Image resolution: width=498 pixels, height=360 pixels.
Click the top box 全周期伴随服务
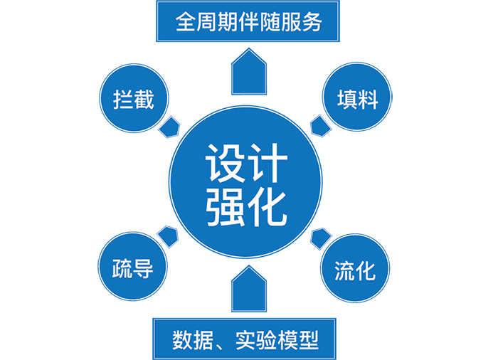[248, 22]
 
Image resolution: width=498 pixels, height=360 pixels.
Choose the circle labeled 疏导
[133, 268]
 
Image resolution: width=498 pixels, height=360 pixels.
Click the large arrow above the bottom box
[249, 287]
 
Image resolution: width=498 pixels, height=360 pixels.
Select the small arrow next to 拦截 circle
[171, 127]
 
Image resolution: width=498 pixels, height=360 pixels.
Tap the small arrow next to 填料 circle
[321, 127]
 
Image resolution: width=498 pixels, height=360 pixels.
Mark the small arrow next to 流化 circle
[321, 238]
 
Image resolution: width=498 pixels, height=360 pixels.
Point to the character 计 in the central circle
[270, 164]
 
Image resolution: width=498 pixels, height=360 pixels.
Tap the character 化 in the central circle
[270, 207]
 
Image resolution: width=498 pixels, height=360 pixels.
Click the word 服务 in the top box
[302, 22]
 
